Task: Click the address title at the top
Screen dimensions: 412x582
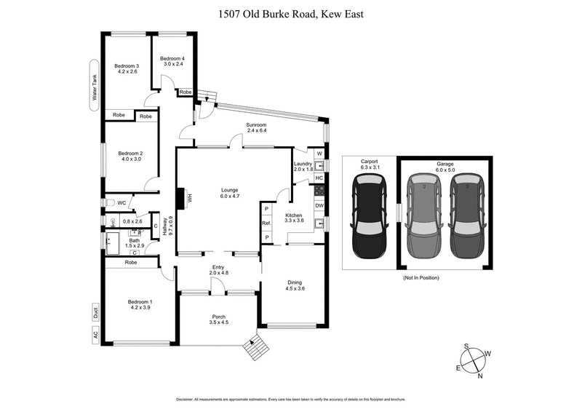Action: pos(290,14)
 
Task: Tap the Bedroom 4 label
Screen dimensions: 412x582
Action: pos(172,62)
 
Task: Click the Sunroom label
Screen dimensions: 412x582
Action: pos(257,128)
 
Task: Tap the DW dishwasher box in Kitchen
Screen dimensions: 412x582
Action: pos(319,205)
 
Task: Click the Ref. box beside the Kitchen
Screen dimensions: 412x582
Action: pos(267,223)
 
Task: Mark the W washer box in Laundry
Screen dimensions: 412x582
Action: pos(319,153)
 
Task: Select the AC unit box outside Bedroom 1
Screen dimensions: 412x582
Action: pos(95,336)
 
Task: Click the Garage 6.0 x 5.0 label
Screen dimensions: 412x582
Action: pos(445,168)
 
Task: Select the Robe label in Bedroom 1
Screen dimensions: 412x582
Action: pos(132,262)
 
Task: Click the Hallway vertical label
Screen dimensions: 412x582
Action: pos(167,229)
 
